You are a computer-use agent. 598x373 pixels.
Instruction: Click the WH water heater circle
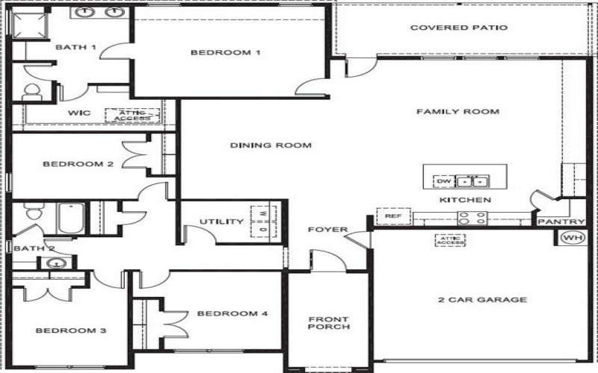pyautogui.click(x=573, y=237)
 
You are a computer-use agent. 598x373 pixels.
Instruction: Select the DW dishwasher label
pyautogui.click(x=443, y=181)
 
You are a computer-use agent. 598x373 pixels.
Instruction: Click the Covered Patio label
pyautogui.click(x=460, y=28)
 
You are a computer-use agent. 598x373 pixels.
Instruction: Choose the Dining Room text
pyautogui.click(x=271, y=145)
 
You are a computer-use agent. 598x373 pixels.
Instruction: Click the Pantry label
pyautogui.click(x=561, y=222)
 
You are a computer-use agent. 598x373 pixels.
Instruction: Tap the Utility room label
pyautogui.click(x=221, y=222)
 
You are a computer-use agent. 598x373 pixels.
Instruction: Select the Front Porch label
pyautogui.click(x=329, y=324)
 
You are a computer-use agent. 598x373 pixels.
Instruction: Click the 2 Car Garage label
pyautogui.click(x=482, y=300)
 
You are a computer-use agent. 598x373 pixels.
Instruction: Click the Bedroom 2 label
pyautogui.click(x=78, y=164)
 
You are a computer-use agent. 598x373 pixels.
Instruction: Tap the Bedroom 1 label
pyautogui.click(x=225, y=52)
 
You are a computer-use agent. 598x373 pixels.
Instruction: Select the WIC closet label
pyautogui.click(x=79, y=113)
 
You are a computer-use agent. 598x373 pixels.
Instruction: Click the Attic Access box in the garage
pyautogui.click(x=451, y=239)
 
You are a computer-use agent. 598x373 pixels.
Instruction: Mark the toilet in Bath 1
pyautogui.click(x=32, y=93)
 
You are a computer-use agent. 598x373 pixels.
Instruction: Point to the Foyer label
pyautogui.click(x=327, y=230)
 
